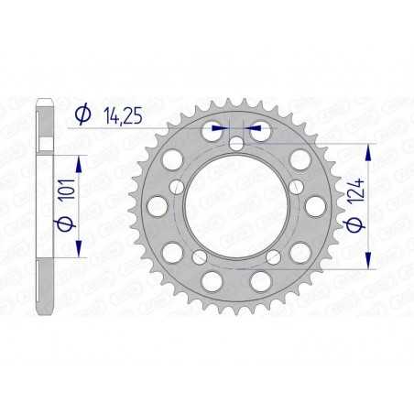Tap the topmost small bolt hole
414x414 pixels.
click(236, 144)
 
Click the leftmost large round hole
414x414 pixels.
click(158, 207)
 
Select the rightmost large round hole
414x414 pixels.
click(315, 207)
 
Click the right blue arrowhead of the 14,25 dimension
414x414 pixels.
click(256, 129)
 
